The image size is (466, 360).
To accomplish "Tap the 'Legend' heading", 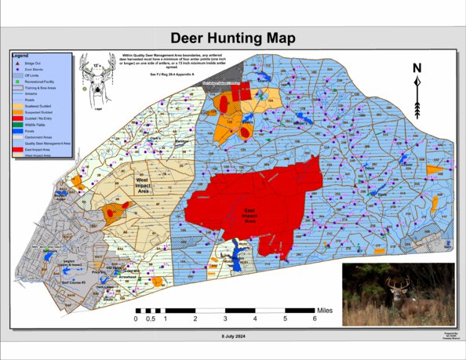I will (20, 56).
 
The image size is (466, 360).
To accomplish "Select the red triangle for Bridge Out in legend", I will (17, 63).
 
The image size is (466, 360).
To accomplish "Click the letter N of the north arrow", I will (417, 69).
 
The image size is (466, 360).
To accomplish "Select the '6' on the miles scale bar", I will (315, 319).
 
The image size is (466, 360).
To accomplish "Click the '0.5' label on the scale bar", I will (152, 319).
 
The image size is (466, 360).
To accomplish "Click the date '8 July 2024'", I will (233, 335).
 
